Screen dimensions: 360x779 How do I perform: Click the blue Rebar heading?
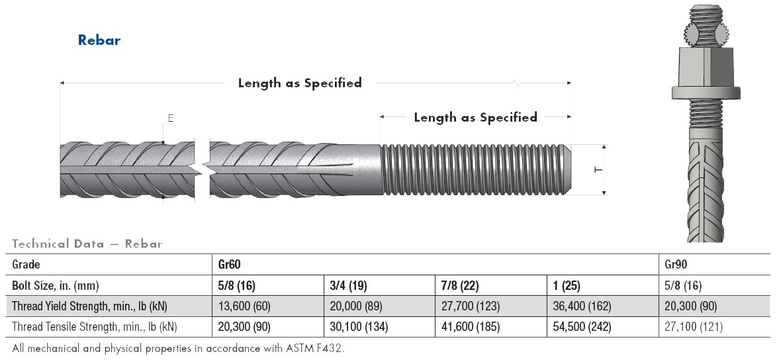(x=99, y=40)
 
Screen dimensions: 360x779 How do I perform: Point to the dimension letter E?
(x=170, y=118)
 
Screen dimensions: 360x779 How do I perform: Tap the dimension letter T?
(x=598, y=169)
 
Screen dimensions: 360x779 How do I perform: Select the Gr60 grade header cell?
(x=229, y=265)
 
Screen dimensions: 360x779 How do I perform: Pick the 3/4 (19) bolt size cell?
(x=348, y=286)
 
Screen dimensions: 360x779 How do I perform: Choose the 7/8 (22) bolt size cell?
(x=460, y=286)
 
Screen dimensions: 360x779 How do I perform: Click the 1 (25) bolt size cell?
(x=567, y=286)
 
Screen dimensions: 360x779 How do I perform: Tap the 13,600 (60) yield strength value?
(x=244, y=306)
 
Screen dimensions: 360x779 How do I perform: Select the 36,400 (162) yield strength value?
(x=582, y=306)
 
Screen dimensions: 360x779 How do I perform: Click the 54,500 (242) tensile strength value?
(x=582, y=327)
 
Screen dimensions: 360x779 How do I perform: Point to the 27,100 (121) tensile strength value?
(x=694, y=327)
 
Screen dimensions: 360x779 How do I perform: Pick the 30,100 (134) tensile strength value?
(x=359, y=327)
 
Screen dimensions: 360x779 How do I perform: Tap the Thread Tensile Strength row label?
(x=95, y=327)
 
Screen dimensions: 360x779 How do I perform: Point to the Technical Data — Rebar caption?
(x=87, y=244)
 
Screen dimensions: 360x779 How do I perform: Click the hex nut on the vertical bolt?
(x=705, y=69)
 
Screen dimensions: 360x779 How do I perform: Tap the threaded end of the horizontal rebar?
(x=474, y=169)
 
